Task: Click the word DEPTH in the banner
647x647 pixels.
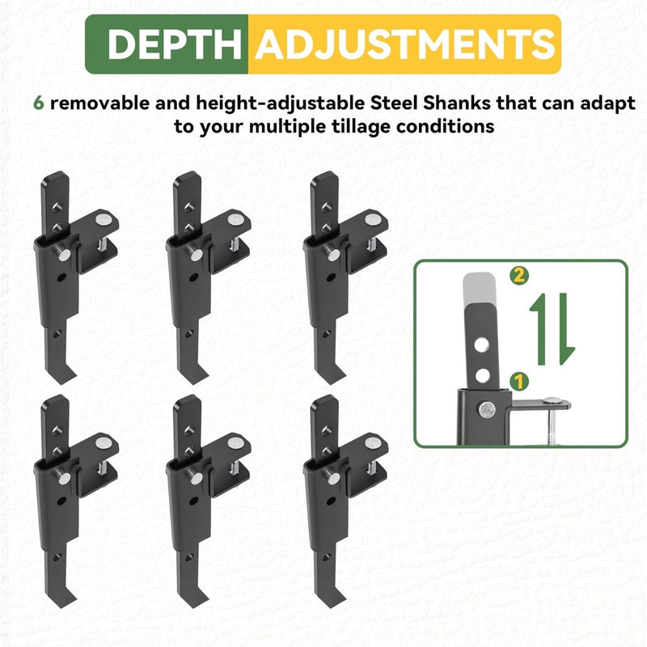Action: [x=174, y=44]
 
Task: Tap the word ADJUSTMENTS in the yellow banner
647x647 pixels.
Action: [x=405, y=44]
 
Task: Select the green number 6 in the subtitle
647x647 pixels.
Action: [x=38, y=103]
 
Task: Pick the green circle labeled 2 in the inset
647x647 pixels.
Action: [x=519, y=275]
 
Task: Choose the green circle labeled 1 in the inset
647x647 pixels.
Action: [x=519, y=381]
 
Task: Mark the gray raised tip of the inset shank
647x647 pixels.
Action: [x=479, y=289]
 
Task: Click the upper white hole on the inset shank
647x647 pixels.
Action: [x=481, y=345]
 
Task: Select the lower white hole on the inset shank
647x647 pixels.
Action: [x=482, y=376]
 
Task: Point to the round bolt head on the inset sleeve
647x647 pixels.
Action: [x=488, y=409]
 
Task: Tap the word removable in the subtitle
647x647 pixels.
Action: [x=99, y=103]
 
